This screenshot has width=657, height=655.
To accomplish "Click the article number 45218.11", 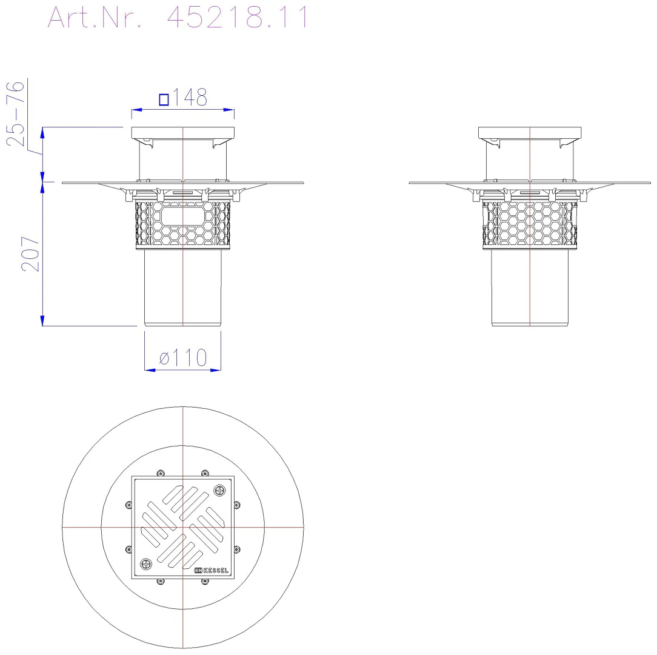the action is pos(237,18).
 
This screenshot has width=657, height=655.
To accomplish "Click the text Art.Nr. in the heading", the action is pos(95,18).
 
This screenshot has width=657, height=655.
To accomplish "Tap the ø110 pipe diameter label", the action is pos(183,358).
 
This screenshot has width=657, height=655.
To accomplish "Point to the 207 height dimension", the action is pos(30,254).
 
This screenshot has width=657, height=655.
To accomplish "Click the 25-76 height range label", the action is pos(16,113).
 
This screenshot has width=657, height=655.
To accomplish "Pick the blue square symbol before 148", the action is pos(164,100).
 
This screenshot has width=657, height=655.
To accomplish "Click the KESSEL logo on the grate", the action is pos(212,570).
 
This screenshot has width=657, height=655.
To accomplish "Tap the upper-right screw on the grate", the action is pos(219,490).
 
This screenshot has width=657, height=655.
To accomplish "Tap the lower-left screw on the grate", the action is pos(146,564).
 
